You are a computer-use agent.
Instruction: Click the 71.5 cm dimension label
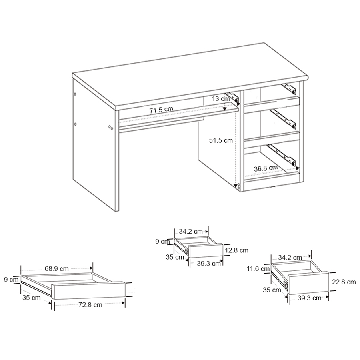[x=161, y=110]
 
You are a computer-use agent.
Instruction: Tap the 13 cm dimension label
[x=221, y=99]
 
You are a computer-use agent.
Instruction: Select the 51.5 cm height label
[x=221, y=140]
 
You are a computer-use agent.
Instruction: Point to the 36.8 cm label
[x=266, y=168]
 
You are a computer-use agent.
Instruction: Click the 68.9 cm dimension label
[x=56, y=269]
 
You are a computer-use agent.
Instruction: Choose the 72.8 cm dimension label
[x=90, y=305]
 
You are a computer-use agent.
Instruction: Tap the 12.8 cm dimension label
[x=236, y=250]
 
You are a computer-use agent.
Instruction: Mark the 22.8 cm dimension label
[x=344, y=282]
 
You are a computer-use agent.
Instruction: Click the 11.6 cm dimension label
[x=258, y=268]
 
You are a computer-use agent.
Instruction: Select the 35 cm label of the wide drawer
[x=31, y=298]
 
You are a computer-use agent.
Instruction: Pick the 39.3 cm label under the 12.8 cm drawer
[x=209, y=264]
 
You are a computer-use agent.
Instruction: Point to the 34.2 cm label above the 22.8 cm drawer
[x=290, y=257]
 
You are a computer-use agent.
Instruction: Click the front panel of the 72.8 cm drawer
[x=89, y=290]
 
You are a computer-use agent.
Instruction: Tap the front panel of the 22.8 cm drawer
[x=308, y=283]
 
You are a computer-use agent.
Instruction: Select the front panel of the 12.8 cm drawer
[x=206, y=251]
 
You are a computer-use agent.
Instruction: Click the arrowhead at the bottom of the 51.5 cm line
[x=235, y=186]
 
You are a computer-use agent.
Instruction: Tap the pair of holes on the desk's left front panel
[x=110, y=127]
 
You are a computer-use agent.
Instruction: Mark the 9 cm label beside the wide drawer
[x=11, y=280]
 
